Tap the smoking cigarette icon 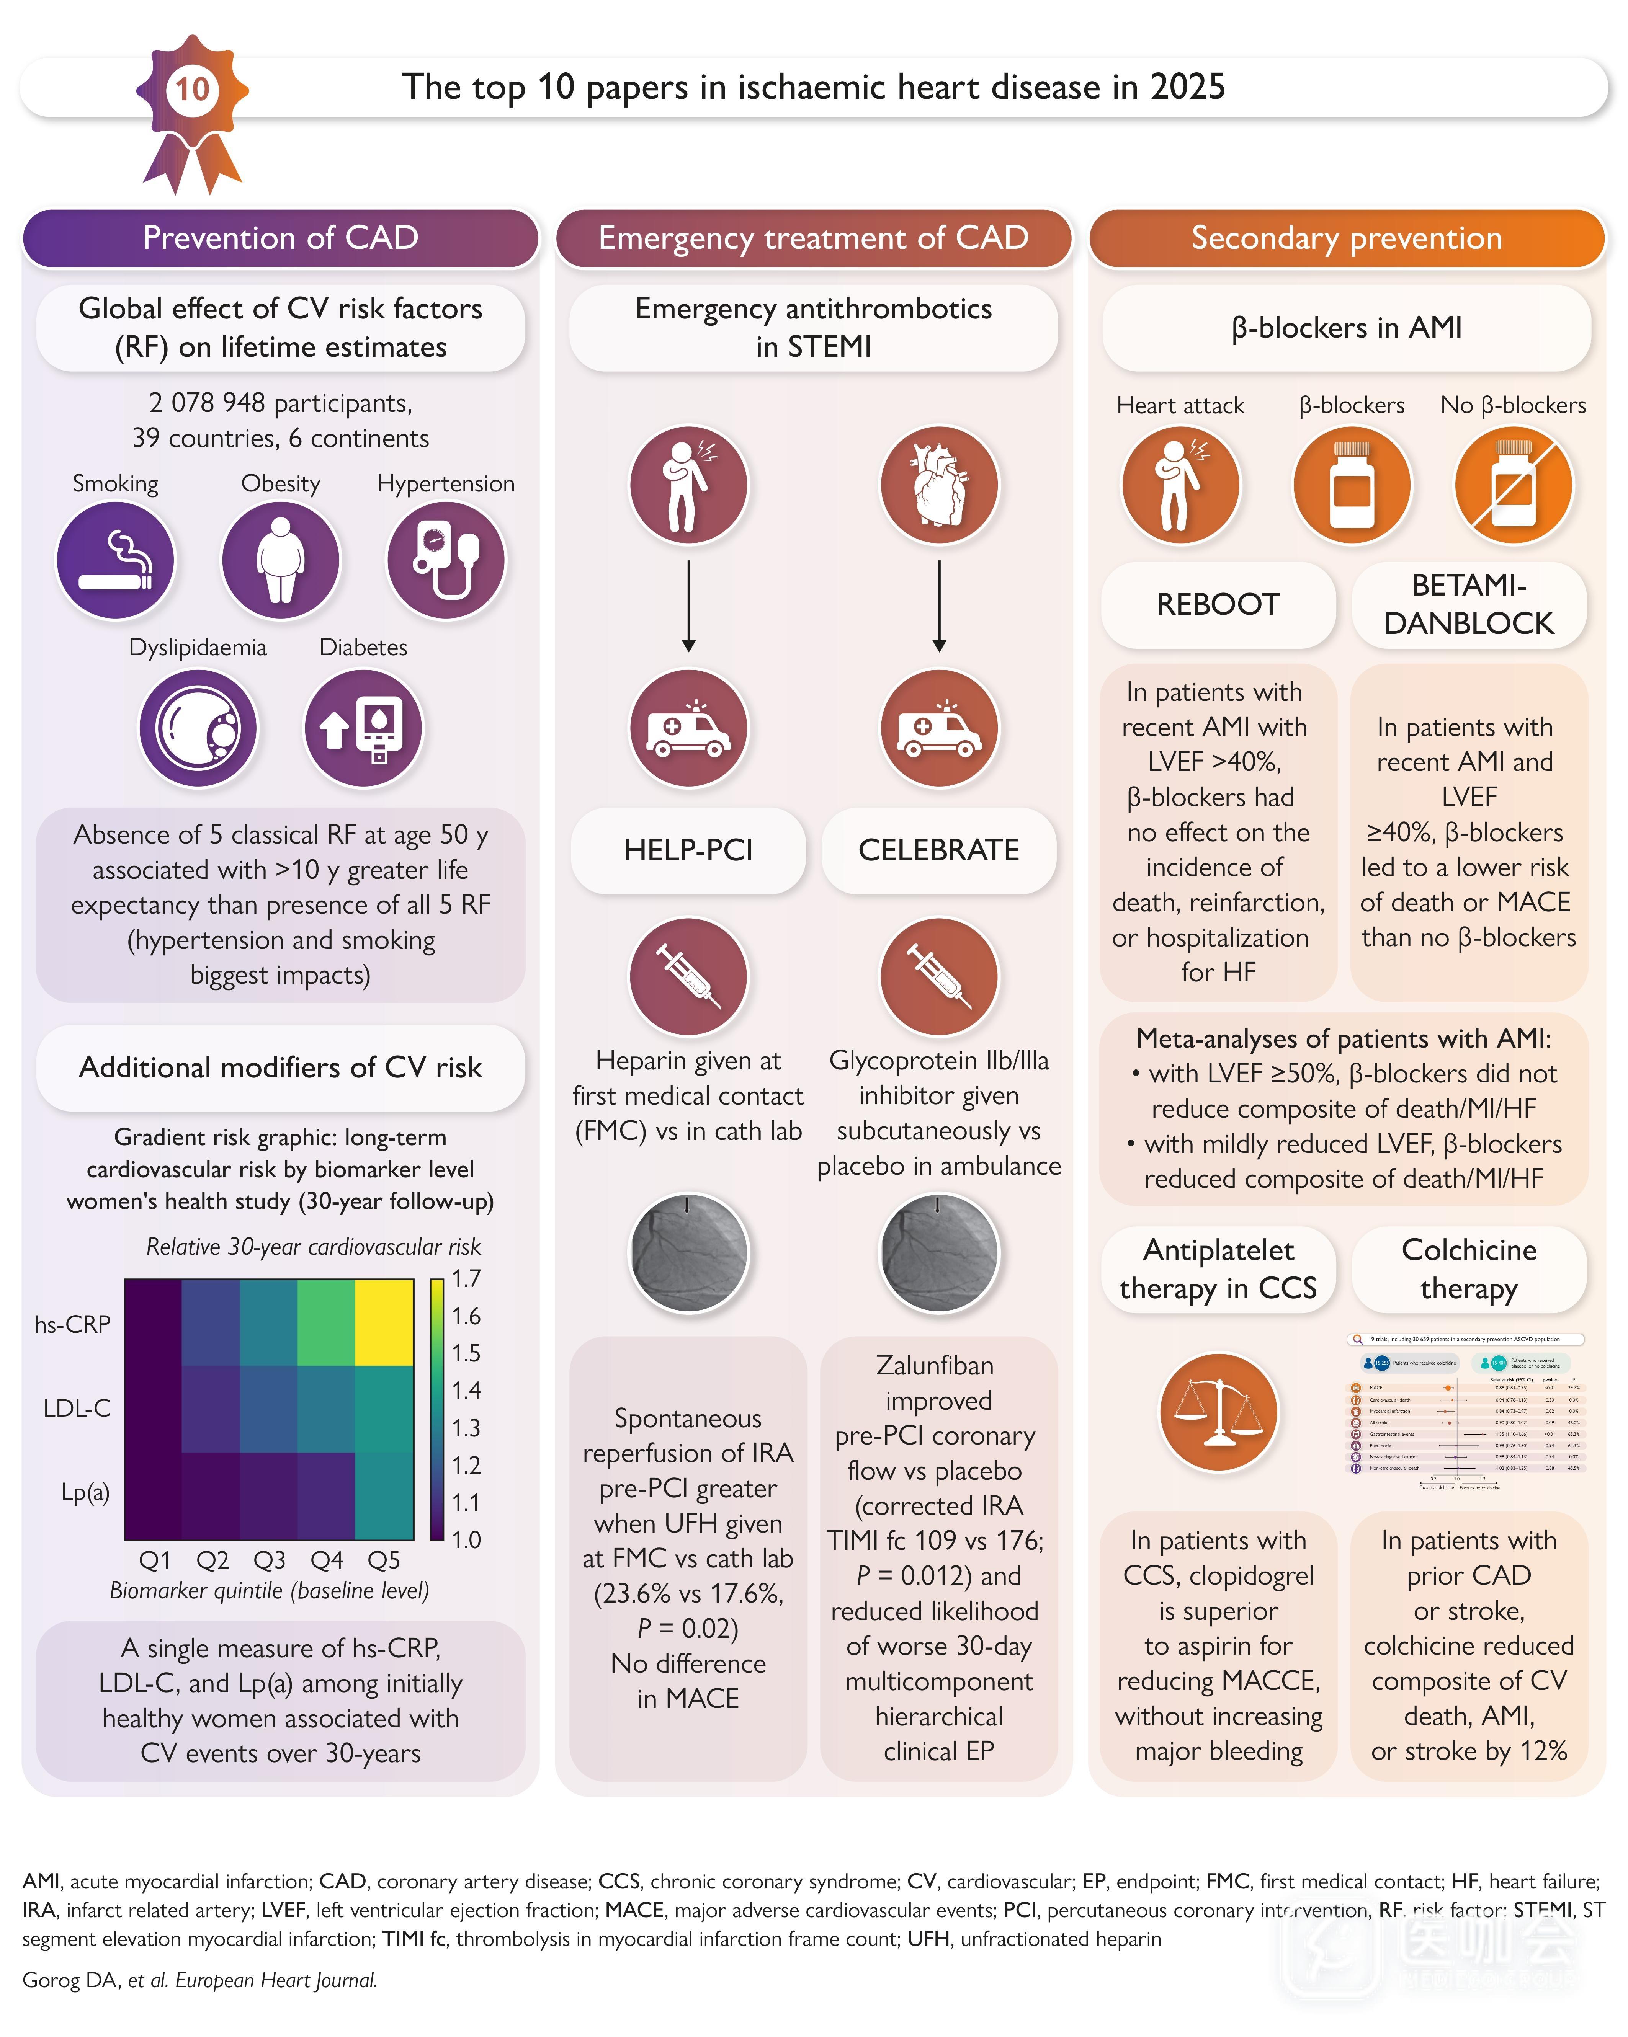tap(115, 560)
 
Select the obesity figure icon tap(281, 560)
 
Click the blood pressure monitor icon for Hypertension tap(446, 560)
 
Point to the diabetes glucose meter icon tap(364, 728)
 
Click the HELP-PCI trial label tap(688, 850)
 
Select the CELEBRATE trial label tap(938, 850)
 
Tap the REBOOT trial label tap(1218, 605)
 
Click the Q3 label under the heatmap tap(269, 1560)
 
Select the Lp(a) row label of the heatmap tap(85, 1493)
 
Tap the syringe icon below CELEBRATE tap(938, 976)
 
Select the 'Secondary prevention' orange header tap(1347, 238)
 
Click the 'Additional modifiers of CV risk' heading tap(281, 1067)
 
